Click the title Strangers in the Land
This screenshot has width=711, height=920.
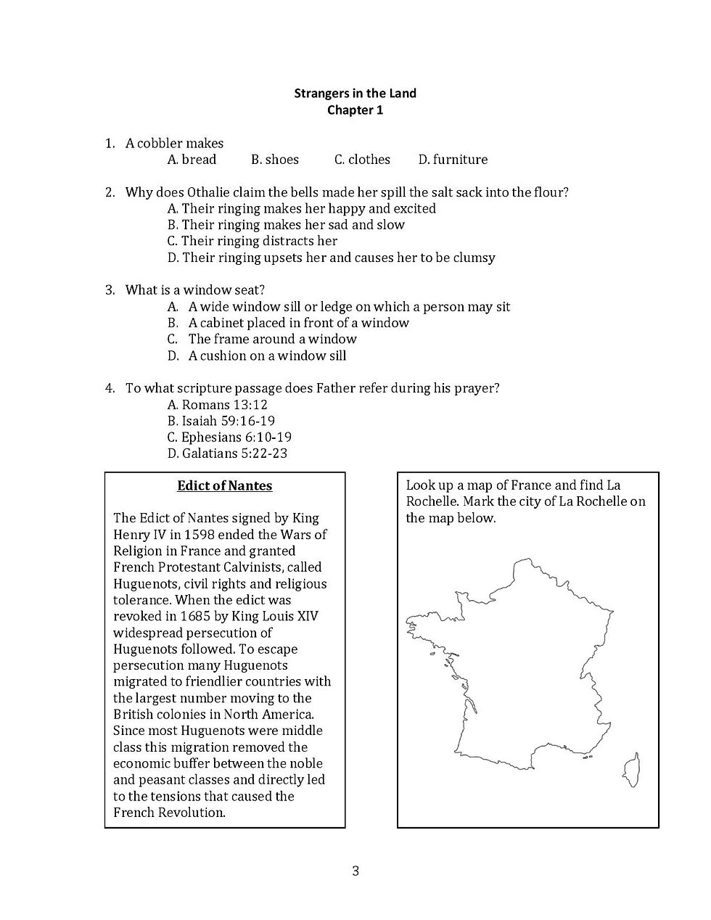355,93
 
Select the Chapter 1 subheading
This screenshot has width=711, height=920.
355,110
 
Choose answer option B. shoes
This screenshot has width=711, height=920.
275,160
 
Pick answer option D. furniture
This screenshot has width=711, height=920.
453,160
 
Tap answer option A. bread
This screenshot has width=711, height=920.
192,160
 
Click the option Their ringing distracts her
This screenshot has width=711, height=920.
252,241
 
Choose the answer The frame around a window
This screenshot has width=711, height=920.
272,339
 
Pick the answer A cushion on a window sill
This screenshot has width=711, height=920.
267,356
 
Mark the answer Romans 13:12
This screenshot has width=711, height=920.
217,405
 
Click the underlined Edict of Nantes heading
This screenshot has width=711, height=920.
225,486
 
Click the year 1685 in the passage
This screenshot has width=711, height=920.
201,617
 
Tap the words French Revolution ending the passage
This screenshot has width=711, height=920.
168,813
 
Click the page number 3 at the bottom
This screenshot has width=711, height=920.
355,871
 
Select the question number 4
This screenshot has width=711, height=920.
110,388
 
